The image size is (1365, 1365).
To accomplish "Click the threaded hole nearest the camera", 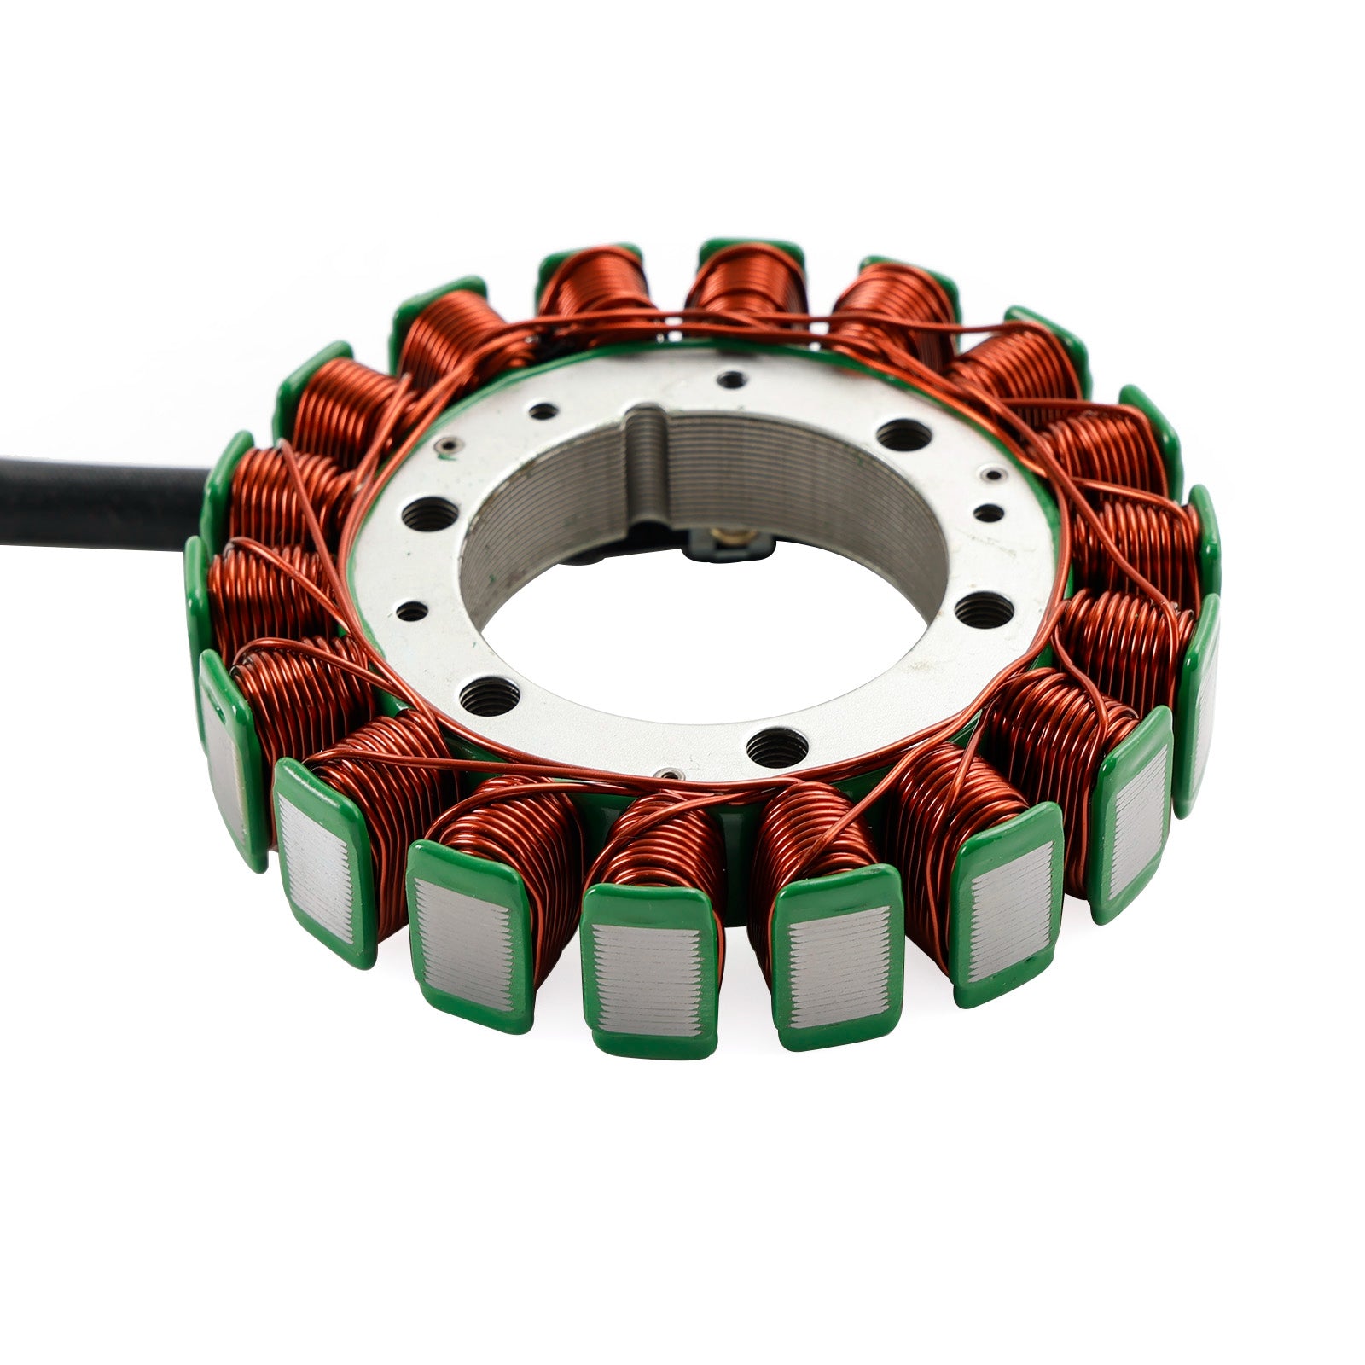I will [775, 747].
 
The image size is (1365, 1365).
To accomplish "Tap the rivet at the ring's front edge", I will [670, 773].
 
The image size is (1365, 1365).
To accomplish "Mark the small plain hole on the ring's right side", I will [987, 513].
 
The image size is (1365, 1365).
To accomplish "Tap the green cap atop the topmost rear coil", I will [751, 250].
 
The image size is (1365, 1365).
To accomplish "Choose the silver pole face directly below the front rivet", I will [645, 980].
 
